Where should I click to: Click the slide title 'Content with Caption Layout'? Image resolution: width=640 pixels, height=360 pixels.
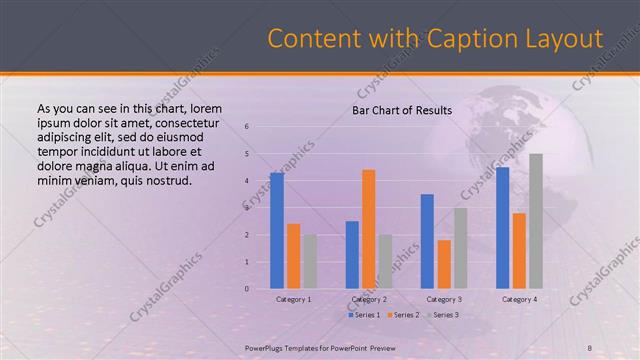coord(435,38)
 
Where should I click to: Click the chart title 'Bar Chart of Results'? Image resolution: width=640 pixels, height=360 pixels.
coord(401,110)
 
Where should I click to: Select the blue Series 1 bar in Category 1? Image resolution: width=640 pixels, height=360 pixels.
coord(276,230)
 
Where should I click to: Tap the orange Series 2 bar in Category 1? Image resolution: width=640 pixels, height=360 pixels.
coord(293,256)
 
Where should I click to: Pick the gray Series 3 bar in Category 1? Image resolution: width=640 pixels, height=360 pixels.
coord(309,261)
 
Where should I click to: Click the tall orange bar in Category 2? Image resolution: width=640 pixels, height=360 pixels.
coord(368,229)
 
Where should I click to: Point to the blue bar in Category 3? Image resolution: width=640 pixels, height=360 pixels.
coord(427,241)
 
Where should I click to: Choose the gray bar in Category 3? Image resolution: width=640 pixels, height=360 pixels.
coord(460,248)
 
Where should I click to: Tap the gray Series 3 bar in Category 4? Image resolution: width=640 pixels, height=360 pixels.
coord(536,221)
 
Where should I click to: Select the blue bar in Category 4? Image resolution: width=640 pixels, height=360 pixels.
coord(503,228)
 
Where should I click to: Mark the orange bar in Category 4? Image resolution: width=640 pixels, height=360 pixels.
coord(519,250)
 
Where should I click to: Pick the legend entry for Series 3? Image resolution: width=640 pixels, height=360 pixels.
coord(440,315)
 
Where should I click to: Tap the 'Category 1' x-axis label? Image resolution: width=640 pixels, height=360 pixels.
coord(293,299)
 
